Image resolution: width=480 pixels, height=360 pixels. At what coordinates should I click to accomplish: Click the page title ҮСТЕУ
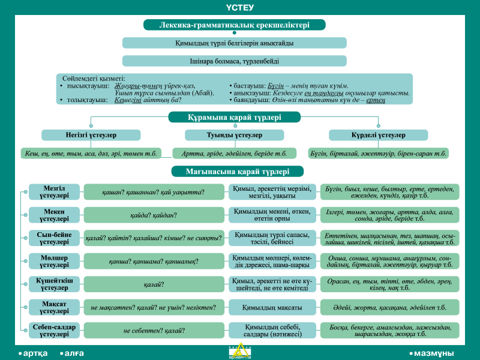(x=240, y=7)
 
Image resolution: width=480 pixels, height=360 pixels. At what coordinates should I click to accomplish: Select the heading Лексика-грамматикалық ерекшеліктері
(x=234, y=25)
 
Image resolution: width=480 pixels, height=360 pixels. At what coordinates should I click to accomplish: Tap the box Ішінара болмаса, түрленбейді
(x=234, y=61)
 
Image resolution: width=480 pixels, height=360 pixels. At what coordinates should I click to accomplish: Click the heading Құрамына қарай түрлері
(x=234, y=117)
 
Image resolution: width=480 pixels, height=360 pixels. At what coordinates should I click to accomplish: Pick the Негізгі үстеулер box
(x=91, y=135)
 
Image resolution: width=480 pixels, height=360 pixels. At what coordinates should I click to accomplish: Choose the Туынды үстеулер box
(x=234, y=135)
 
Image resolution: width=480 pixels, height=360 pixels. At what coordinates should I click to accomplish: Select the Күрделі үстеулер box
(x=379, y=135)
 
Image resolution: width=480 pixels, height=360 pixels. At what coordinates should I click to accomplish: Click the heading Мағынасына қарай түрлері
(x=237, y=172)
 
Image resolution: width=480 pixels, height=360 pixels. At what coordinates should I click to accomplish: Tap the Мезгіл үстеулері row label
(x=54, y=192)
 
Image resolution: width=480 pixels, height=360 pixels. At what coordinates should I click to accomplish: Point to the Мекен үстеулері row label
(x=54, y=215)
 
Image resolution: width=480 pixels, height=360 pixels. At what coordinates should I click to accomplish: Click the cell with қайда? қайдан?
(x=154, y=215)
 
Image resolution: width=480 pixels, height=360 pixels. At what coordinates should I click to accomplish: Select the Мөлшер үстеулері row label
(x=54, y=261)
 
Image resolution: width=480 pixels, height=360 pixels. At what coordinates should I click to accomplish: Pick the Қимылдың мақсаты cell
(x=272, y=307)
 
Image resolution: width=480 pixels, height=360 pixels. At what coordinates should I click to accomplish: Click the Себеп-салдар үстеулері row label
(x=54, y=331)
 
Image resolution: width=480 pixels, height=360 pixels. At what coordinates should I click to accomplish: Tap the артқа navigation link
(x=33, y=353)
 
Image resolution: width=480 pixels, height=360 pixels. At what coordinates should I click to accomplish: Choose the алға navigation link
(x=72, y=353)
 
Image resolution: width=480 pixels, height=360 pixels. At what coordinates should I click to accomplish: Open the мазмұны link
(x=432, y=353)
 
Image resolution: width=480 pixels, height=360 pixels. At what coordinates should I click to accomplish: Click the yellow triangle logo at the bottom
(x=240, y=351)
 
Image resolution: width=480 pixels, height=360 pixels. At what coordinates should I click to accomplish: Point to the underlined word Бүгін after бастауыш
(x=275, y=86)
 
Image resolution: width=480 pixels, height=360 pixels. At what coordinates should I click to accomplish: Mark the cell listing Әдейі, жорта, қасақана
(x=389, y=307)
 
